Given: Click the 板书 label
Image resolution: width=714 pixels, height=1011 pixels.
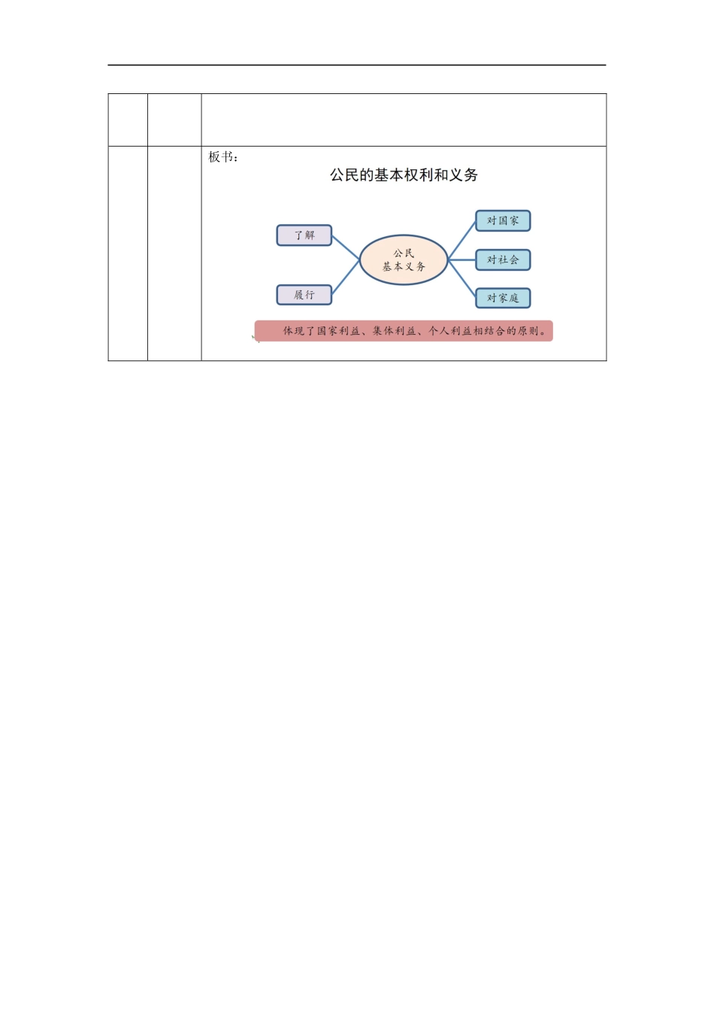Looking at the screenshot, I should [221, 157].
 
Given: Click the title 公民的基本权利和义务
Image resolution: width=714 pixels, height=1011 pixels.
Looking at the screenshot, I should [404, 175].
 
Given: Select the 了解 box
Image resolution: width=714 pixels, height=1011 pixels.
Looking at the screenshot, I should [304, 235].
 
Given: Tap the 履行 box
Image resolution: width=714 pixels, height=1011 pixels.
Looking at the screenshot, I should [304, 295].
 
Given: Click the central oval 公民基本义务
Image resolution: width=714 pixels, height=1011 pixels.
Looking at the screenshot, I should [404, 260].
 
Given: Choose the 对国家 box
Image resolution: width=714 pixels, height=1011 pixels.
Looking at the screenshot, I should [503, 221].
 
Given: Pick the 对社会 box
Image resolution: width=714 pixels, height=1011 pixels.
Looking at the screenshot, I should [503, 260].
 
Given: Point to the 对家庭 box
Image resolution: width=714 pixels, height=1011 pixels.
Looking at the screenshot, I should [503, 298].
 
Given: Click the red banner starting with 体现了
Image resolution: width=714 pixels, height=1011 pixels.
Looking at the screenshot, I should [404, 331].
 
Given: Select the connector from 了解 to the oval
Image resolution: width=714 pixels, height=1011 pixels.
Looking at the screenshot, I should [346, 247].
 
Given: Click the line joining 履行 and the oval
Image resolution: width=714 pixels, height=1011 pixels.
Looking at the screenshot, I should [346, 278].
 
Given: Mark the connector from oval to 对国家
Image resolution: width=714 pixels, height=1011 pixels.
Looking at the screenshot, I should [462, 240].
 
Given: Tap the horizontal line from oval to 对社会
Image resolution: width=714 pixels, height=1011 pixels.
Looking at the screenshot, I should [462, 260].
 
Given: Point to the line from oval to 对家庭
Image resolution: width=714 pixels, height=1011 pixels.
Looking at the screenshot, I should [462, 279].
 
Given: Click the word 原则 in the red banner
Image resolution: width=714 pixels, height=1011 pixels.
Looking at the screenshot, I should [528, 331].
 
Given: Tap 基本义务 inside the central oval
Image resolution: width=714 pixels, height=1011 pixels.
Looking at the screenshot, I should [404, 267].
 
